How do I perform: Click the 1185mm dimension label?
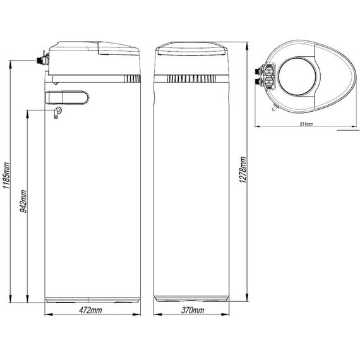click(x=6, y=176)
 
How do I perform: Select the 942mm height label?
click(x=23, y=201)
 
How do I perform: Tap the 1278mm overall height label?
click(x=243, y=170)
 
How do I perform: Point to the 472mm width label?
click(x=90, y=310)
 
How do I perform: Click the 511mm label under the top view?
click(x=306, y=124)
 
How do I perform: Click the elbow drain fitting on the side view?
click(x=57, y=112)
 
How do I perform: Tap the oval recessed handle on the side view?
click(x=68, y=98)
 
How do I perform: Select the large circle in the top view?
click(x=297, y=76)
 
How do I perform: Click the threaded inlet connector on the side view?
click(x=41, y=60)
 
